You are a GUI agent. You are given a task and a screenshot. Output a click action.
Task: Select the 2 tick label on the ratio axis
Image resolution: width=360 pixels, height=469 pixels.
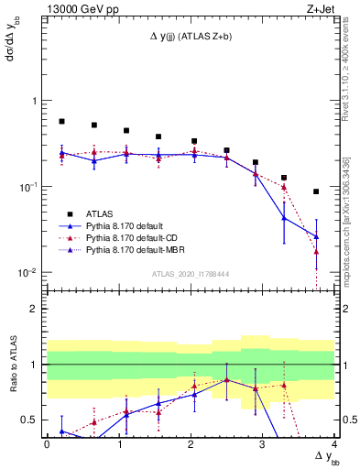point(32,309)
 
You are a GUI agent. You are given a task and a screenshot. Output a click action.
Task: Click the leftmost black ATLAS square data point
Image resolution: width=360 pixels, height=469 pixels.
point(61,121)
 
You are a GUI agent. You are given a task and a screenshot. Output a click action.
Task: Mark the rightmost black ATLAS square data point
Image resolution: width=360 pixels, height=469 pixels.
point(316,191)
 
